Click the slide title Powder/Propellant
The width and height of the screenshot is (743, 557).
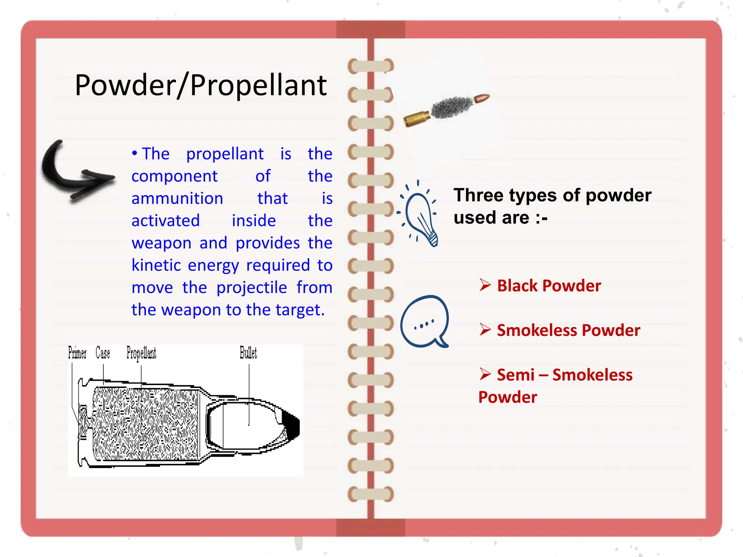[201, 85]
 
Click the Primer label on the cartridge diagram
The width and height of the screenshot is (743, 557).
[77, 353]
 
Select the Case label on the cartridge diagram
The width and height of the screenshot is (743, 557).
[103, 353]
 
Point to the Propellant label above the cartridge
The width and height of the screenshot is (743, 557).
[141, 353]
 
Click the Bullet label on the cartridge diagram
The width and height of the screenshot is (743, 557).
[248, 353]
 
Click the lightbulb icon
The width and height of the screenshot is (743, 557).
[421, 216]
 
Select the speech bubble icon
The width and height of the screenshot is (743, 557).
[424, 321]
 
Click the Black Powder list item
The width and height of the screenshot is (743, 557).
[549, 286]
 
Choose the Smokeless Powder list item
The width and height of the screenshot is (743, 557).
[568, 330]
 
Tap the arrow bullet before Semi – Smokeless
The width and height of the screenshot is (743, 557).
[485, 374]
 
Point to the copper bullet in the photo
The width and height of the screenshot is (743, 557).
[481, 99]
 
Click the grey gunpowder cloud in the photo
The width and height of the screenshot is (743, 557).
[452, 107]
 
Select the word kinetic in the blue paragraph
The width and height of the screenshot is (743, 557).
[156, 265]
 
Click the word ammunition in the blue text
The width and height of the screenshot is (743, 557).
[177, 199]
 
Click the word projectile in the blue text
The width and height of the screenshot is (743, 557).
[251, 288]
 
